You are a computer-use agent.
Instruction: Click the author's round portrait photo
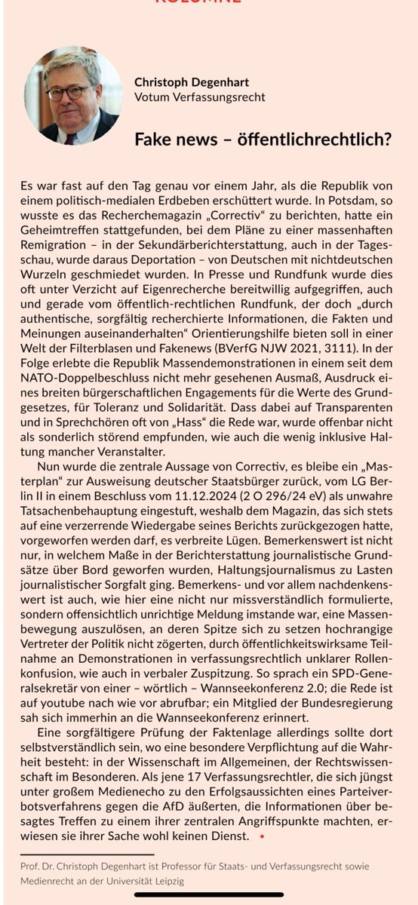point(73,96)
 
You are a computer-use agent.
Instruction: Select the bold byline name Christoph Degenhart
point(199,81)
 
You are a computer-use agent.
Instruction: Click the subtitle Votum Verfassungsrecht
point(199,97)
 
